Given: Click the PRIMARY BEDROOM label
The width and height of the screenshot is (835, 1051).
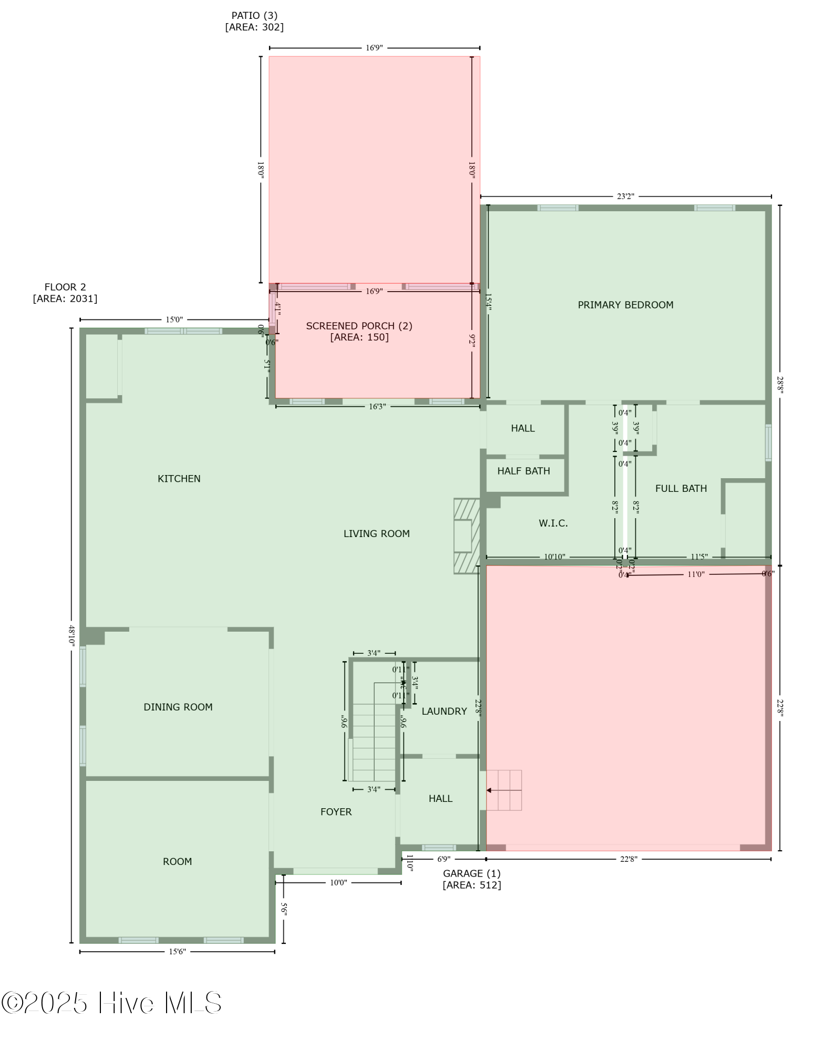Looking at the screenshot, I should coord(625,305).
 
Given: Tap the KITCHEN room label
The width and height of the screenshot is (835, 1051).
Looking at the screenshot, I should coord(179,478).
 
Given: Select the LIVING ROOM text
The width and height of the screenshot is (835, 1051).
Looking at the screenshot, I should coord(376,533).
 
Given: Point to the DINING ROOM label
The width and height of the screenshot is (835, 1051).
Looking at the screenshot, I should coord(178,707).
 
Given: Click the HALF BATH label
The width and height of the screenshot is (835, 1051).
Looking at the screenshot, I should coord(523,471).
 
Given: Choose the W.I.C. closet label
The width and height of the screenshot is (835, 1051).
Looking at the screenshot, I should coord(553,523).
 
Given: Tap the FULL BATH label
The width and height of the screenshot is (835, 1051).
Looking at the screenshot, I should coord(681,488).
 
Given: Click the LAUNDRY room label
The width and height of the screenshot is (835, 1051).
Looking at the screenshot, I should coord(444,711).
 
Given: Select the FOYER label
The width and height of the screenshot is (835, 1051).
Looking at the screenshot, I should coord(336,812).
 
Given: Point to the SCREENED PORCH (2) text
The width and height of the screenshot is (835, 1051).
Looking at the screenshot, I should coord(359,326).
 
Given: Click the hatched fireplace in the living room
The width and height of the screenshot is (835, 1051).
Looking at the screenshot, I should coord(466,535).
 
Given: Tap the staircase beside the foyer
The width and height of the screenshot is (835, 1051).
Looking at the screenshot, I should coord(374,741).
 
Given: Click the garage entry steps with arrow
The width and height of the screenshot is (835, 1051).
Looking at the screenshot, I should coord(503,790).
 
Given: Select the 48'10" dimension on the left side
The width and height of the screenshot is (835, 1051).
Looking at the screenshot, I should coord(71,636).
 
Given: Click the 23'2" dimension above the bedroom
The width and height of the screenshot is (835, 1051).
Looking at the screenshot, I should coord(625,197).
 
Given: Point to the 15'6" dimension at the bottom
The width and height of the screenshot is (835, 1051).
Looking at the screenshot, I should coord(177,952).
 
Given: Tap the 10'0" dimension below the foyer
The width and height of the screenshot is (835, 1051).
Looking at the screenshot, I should coord(338,883).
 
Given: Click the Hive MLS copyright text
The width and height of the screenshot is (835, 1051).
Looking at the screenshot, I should coord(111,1003).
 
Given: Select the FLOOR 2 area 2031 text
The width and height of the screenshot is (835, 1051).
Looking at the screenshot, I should coord(65,293).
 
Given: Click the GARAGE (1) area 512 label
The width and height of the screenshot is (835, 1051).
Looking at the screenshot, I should coord(471,879).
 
